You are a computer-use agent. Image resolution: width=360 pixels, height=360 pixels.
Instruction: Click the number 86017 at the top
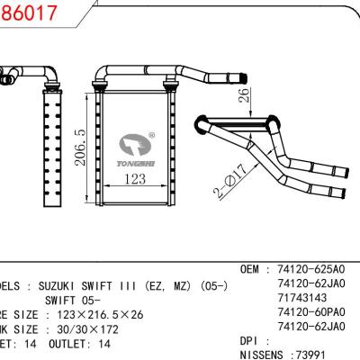[25, 13]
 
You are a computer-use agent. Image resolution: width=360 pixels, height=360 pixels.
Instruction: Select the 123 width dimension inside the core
[134, 180]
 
